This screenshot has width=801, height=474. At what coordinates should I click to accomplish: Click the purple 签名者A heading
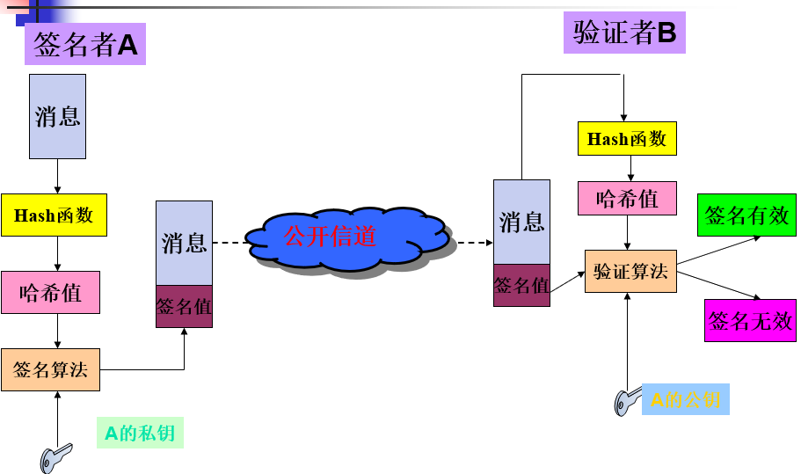(85, 45)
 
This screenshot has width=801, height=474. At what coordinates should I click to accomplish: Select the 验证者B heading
(624, 33)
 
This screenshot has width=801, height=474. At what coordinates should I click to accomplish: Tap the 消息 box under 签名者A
(57, 116)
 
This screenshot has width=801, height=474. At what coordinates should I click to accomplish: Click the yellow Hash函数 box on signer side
(54, 215)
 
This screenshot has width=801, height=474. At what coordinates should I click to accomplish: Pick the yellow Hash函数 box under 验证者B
(627, 139)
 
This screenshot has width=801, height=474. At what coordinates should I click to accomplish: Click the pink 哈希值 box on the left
(50, 293)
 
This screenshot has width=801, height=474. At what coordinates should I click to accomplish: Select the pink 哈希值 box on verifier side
(627, 199)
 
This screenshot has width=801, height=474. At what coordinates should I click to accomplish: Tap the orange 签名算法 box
(50, 369)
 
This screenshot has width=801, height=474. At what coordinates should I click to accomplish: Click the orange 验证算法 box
(630, 272)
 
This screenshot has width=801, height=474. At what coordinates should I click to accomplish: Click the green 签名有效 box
(746, 215)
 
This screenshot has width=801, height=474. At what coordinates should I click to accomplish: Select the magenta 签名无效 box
(750, 320)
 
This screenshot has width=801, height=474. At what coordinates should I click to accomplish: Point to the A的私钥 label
(140, 434)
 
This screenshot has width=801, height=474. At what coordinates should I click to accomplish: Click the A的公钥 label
(685, 401)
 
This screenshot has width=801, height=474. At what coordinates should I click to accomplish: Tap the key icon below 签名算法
(55, 456)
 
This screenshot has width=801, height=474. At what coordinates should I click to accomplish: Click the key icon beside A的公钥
(627, 401)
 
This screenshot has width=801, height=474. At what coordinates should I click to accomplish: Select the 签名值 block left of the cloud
(184, 307)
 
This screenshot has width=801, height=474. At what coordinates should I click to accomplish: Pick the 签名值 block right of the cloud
(521, 285)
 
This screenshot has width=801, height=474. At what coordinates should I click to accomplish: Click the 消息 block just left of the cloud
(184, 243)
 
